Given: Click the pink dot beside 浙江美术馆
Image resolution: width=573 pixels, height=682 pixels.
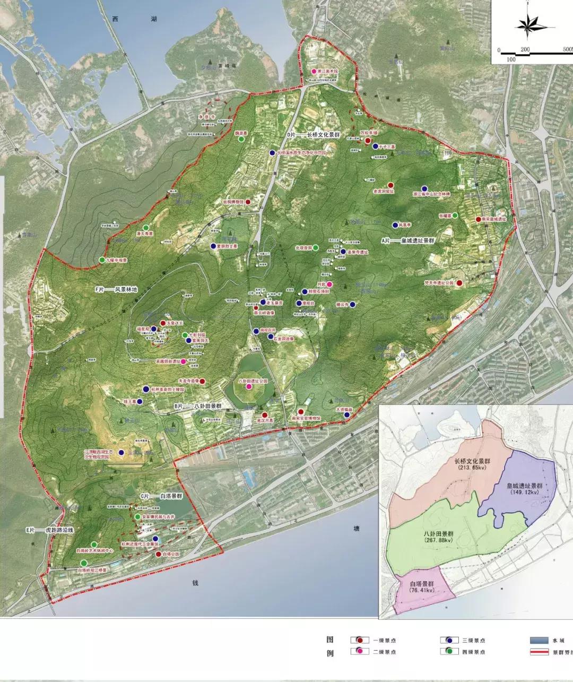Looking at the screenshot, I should pyautogui.click(x=314, y=71).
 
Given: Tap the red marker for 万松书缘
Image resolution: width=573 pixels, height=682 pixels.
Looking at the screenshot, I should pyautogui.click(x=368, y=141).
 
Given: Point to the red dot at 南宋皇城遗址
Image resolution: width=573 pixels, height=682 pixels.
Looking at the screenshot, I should pyautogui.click(x=478, y=219).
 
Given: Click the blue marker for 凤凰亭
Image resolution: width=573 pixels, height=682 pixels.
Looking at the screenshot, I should pyautogui.click(x=395, y=225).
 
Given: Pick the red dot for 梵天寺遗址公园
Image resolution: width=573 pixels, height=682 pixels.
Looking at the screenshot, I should pyautogui.click(x=459, y=283).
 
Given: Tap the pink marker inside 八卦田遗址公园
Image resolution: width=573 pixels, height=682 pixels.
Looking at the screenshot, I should pyautogui.click(x=248, y=387).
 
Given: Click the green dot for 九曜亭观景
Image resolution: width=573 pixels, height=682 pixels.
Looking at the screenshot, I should pyautogui.click(x=102, y=260).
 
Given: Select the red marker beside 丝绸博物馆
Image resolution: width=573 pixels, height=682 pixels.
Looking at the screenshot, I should pyautogui.click(x=248, y=202).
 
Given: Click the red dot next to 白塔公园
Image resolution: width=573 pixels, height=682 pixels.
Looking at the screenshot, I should pyautogui.click(x=159, y=554).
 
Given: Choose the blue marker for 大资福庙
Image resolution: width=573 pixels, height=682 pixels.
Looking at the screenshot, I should pyautogui.click(x=346, y=415).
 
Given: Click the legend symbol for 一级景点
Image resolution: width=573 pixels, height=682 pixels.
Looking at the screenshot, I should pyautogui.click(x=359, y=640).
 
